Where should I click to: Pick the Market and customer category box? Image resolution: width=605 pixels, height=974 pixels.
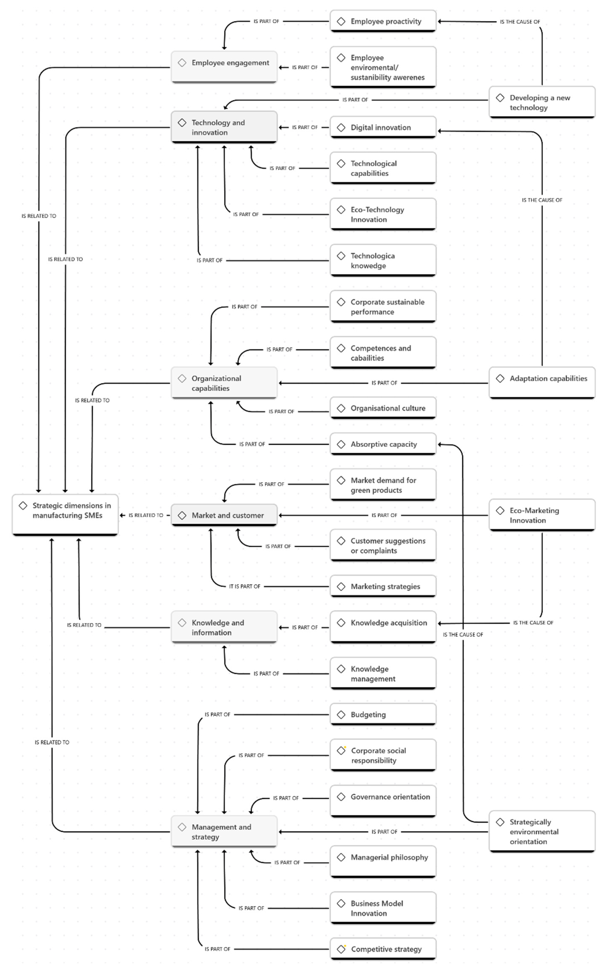click(x=224, y=515)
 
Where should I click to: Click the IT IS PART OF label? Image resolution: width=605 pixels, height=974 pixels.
click(x=244, y=586)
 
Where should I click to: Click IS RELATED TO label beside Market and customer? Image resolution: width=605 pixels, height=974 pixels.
click(x=146, y=515)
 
